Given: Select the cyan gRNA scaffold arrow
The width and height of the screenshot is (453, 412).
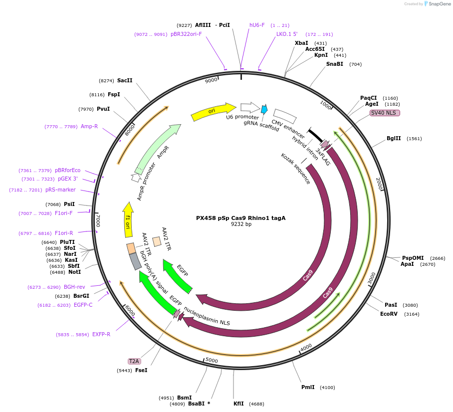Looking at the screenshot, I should (x=264, y=109).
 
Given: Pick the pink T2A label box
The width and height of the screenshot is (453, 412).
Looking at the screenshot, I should (x=134, y=361).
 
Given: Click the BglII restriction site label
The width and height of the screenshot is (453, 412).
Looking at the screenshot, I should (x=394, y=139).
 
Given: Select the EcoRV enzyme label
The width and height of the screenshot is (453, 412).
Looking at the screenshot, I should (x=389, y=314).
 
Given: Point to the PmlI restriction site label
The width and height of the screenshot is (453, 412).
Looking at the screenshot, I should (x=308, y=387).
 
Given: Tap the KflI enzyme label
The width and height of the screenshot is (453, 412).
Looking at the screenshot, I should (x=239, y=404).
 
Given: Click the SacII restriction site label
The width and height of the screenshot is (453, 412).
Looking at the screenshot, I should (x=125, y=80).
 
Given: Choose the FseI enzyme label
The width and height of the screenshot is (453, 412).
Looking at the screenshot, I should (x=141, y=370).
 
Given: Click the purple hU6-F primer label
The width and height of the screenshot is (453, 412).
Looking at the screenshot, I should (x=257, y=25).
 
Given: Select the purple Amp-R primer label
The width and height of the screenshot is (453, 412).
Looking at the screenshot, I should (x=89, y=127).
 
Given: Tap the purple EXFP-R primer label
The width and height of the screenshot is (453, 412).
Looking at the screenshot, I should (x=101, y=334).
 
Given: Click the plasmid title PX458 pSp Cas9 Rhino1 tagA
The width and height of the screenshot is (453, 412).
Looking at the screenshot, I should (x=240, y=218).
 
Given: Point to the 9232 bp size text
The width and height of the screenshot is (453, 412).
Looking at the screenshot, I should (x=241, y=224).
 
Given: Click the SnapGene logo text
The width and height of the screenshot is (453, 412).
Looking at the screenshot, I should (x=440, y=4).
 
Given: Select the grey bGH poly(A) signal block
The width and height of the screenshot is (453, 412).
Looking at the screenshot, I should (x=135, y=261).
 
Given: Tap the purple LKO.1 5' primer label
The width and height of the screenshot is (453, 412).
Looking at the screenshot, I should (x=287, y=34).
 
